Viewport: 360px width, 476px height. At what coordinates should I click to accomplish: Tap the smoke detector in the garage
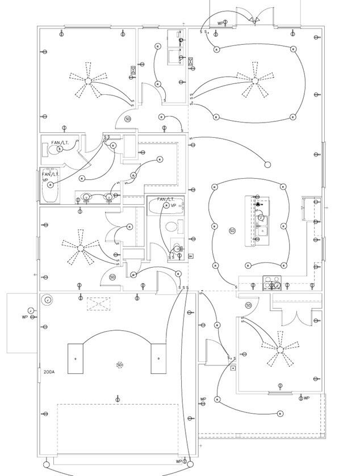119,365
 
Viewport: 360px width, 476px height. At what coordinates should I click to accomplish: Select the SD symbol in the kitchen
232,231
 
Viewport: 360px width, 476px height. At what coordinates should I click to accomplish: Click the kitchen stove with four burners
272,282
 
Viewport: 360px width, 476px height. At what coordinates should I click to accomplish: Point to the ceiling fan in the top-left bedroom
88,81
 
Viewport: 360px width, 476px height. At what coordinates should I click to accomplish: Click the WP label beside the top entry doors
220,23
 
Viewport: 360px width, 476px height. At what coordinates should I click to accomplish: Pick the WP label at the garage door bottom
178,462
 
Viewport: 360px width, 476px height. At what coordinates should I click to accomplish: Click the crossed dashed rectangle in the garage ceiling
98,304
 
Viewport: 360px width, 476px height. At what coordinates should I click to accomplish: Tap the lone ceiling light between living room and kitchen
267,165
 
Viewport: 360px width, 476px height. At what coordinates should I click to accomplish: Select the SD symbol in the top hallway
128,119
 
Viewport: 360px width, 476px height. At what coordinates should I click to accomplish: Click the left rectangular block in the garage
75,359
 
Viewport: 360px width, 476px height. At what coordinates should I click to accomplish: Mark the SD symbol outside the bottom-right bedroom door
248,305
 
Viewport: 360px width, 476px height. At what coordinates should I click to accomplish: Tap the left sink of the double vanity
87,197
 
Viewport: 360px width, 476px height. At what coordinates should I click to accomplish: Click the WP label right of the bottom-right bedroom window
307,398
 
